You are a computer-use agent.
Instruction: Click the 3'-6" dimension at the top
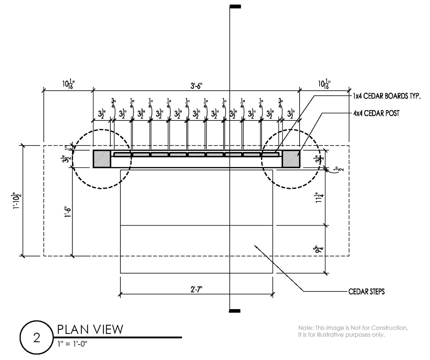197,86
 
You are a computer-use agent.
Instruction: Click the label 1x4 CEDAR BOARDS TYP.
386,96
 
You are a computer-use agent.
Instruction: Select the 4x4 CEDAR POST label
376,113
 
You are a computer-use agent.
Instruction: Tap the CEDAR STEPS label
366,292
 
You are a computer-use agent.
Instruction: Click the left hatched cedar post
102,159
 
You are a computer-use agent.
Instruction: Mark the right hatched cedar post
291,159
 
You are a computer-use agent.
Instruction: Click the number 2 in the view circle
37,338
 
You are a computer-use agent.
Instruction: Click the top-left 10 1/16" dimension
67,85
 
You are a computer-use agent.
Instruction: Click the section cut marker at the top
235,6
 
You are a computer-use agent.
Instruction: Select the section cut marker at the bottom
235,311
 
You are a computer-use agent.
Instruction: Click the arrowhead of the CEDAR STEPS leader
255,246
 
